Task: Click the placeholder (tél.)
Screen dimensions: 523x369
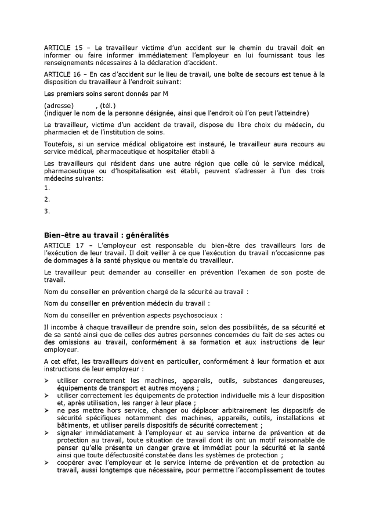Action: [x=107, y=105]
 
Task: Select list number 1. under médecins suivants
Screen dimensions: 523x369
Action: [x=47, y=188]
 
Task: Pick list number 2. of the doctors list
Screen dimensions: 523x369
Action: [x=47, y=199]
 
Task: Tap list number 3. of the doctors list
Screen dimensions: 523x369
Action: [x=47, y=211]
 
